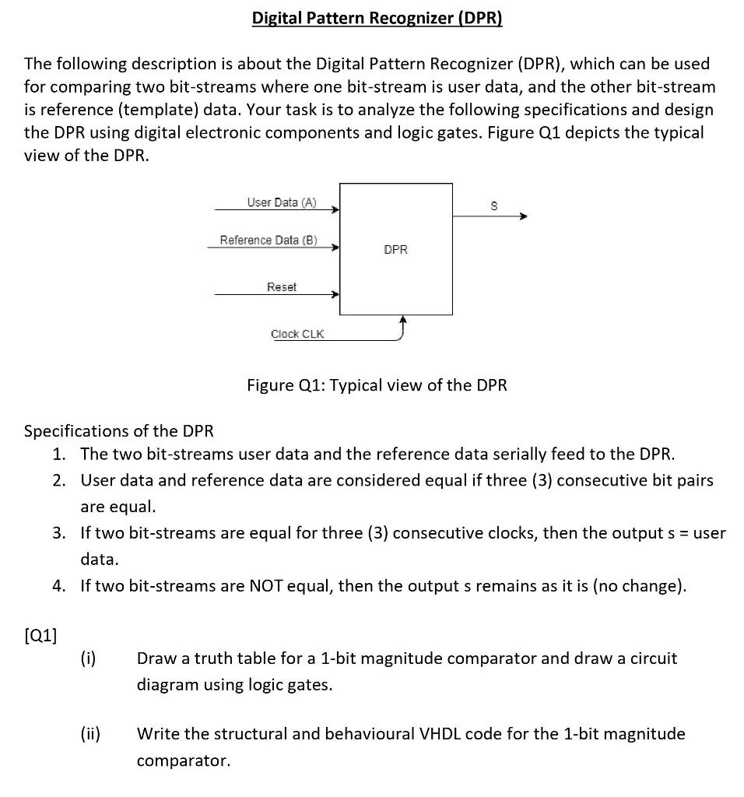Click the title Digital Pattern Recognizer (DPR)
pos(377,18)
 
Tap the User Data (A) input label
pos(282,202)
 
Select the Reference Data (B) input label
pos(268,240)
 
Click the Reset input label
pos(282,287)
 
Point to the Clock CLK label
pos(297,334)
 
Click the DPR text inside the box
pos(395,250)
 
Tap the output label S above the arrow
pos(492,205)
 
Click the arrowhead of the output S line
pos(523,217)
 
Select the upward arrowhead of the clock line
pos(402,320)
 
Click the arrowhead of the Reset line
pos(335,296)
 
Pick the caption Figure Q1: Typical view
pos(377,385)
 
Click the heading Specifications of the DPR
pos(119,430)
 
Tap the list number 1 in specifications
pos(59,454)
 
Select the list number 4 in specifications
pos(59,585)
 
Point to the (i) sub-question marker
pos(88,658)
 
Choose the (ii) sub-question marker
pos(89,734)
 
